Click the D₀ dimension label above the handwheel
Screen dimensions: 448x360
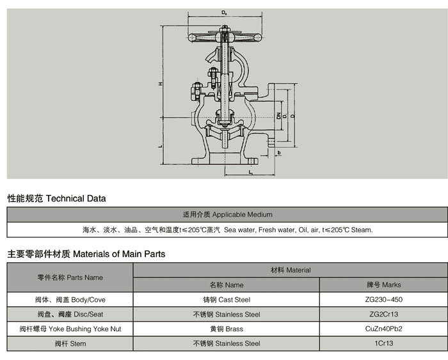point(225,13)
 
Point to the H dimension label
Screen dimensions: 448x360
point(161,84)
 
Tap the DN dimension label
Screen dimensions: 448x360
point(279,116)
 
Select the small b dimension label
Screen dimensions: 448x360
point(279,153)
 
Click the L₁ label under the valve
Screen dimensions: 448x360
point(251,172)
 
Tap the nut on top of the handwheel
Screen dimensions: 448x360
point(225,29)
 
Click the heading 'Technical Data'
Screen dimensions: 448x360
point(76,198)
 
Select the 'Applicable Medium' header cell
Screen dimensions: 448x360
point(227,214)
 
